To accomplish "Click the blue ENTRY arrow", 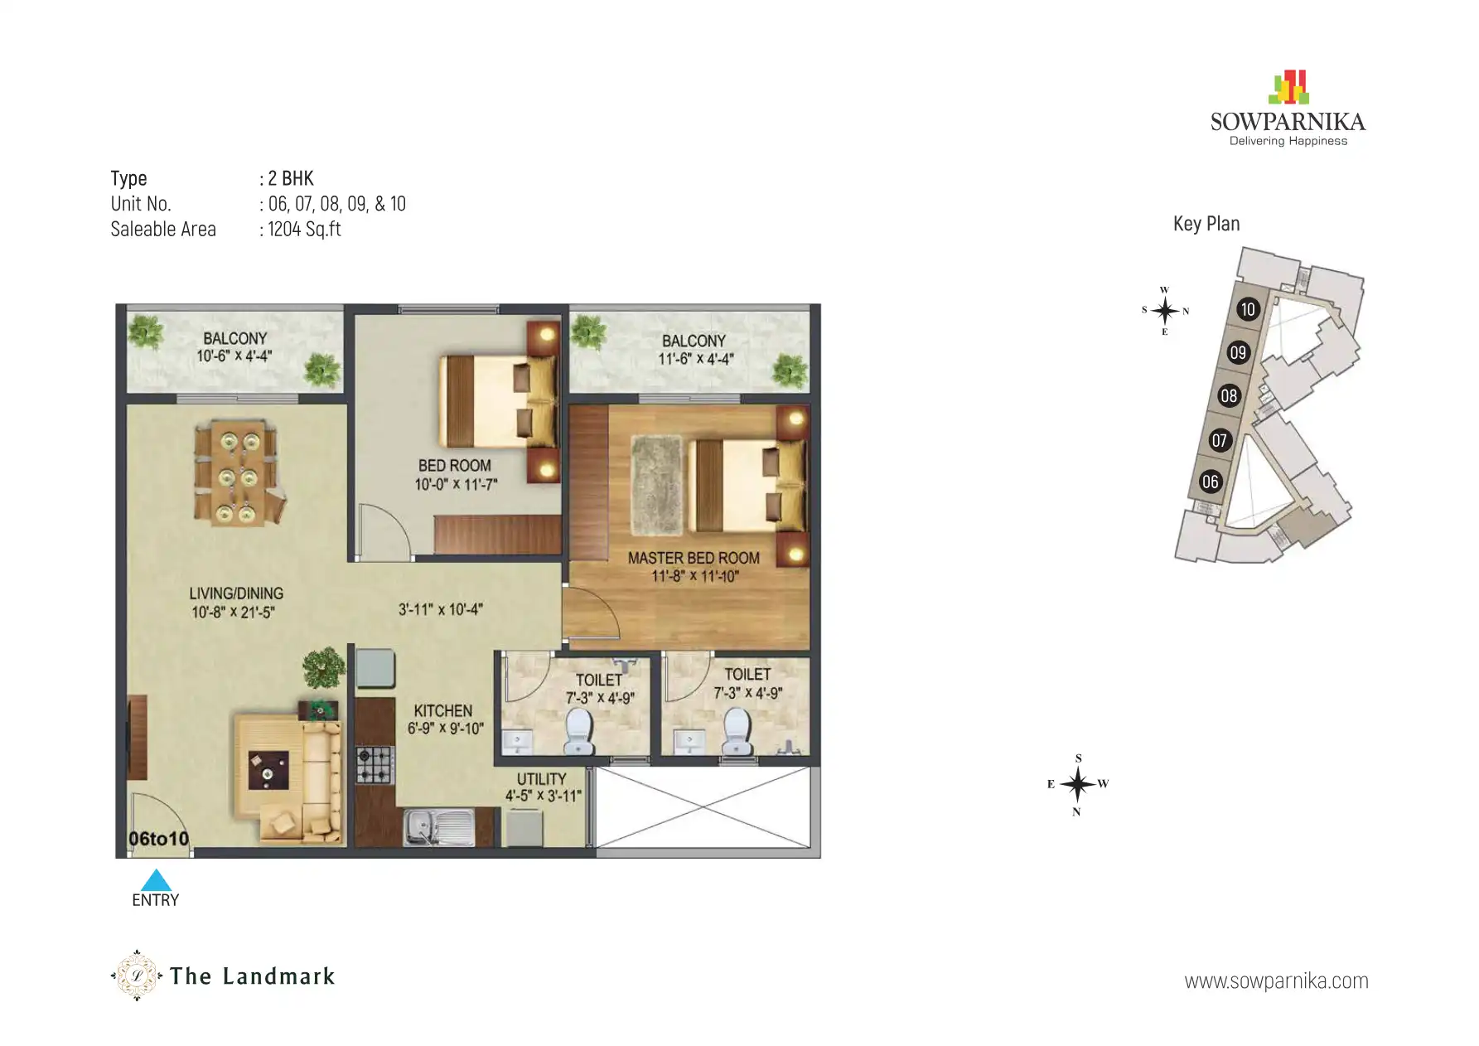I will click(156, 880).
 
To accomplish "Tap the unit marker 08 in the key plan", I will click(1229, 396).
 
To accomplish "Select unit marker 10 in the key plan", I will click(1248, 310).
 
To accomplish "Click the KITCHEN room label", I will click(443, 711).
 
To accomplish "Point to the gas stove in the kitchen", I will click(375, 765).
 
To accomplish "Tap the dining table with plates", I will click(235, 474).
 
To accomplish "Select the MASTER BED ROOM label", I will click(694, 559).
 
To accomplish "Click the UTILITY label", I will click(541, 779).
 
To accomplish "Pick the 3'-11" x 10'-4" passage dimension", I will click(440, 609).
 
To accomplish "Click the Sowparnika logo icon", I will click(1288, 87).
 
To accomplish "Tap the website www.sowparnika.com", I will click(1276, 981).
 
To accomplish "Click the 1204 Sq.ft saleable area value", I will click(304, 230).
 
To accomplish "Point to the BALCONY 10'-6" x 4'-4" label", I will click(234, 347).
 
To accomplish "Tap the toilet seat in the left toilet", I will click(578, 731).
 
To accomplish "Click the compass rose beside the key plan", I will click(1164, 311).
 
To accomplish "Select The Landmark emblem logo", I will click(136, 976).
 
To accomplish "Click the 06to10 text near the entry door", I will click(158, 839).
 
